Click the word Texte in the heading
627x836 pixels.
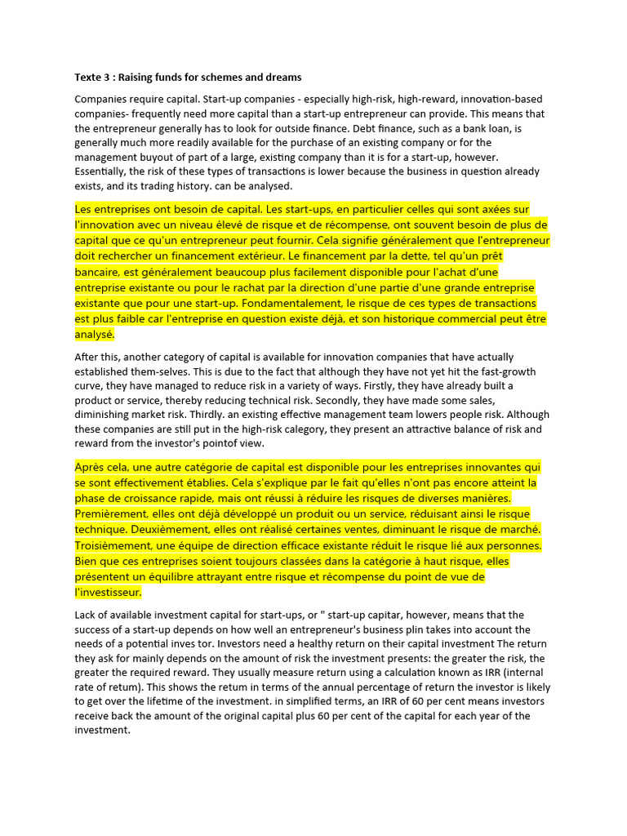click(89, 78)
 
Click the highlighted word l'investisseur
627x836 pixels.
click(108, 592)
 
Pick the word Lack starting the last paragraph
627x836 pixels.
click(87, 615)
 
